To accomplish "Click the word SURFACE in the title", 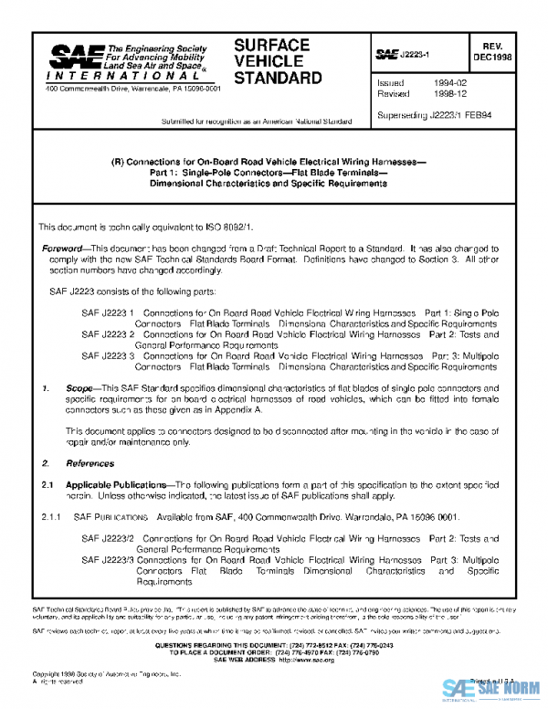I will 272,45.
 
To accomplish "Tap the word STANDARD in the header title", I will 279,78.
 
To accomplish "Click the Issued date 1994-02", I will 437,83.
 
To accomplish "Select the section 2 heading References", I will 84,463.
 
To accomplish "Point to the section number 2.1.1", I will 51,516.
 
